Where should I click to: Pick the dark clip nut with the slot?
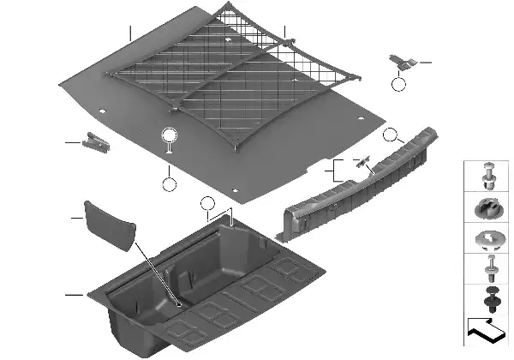click(x=491, y=209)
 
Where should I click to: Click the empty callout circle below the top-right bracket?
click(x=397, y=84)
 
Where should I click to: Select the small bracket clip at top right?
click(x=401, y=61)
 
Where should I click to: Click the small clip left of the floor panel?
click(x=96, y=142)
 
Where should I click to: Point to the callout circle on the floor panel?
click(x=169, y=135)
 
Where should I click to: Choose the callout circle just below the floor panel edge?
click(x=169, y=183)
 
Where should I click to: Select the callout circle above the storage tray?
click(x=206, y=203)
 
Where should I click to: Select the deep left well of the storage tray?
click(x=137, y=296)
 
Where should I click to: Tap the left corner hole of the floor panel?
click(x=100, y=111)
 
